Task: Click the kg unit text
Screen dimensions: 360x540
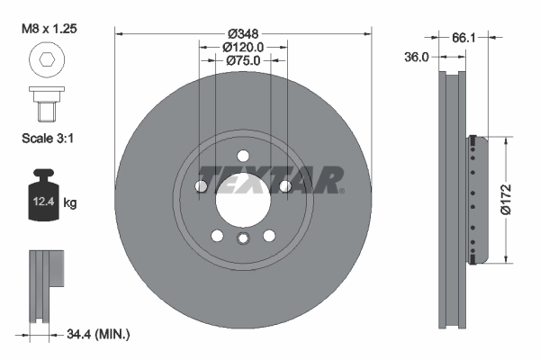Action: pos(70,203)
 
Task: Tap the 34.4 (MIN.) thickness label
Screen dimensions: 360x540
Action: pos(99,334)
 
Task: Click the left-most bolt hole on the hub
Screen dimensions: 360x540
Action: pos(201,186)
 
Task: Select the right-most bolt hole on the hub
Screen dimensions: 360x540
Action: pos(285,186)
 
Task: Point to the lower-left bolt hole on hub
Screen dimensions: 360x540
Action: pos(217,236)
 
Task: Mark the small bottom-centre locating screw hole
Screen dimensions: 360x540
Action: pos(243,238)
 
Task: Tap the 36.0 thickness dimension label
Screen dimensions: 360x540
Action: pos(418,56)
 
